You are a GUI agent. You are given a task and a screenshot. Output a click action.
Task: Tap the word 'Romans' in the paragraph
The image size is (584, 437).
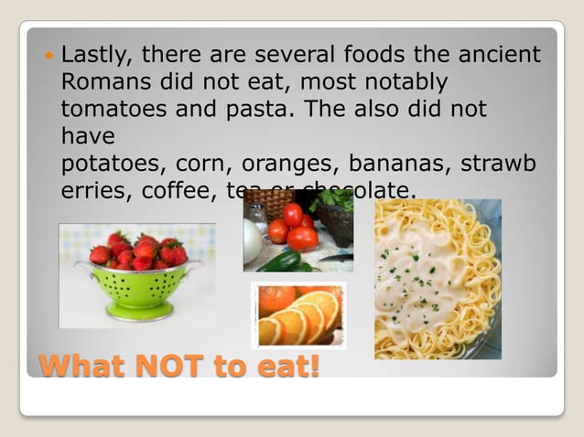pos(105,82)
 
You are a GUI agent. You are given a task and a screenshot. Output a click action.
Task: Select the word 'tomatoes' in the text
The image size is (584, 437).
pos(109,109)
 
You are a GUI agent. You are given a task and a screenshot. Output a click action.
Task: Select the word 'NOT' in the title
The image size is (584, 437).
pos(175,366)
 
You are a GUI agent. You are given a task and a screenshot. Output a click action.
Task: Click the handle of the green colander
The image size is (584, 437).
pos(83,268)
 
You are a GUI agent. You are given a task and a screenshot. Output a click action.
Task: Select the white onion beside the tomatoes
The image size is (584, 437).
pos(254,240)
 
